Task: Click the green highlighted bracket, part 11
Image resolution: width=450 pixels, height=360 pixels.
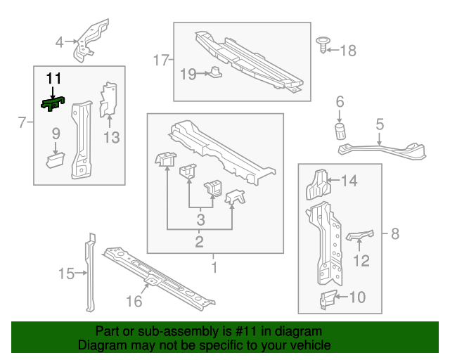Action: pos(53,103)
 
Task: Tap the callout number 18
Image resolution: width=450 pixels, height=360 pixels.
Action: pos(348,51)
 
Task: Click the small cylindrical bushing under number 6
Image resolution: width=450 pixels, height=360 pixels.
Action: pos(340,131)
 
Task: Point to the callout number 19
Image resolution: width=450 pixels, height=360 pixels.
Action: pos(188,74)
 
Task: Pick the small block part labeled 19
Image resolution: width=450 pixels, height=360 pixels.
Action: pos(215,72)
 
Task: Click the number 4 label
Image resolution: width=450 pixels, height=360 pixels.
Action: pos(59,42)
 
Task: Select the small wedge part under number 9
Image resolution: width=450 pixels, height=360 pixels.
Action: pos(56,160)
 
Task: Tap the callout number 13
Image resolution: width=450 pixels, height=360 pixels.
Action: pos(111,138)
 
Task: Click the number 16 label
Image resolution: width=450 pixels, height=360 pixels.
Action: pos(134,302)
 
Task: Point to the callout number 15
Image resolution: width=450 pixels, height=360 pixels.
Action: pos(66,274)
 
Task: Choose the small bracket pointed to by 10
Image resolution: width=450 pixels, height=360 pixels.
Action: pos(328,300)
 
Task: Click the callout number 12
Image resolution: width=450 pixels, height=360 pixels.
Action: pos(361,261)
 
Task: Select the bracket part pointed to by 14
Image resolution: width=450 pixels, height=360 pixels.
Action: pos(318,184)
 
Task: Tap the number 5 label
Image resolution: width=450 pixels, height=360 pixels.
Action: pos(380,124)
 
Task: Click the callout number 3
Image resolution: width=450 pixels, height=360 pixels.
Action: pos(200,220)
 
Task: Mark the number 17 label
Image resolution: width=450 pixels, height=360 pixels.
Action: pos(161,60)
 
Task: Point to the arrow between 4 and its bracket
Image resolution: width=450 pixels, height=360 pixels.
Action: pos(71,42)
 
